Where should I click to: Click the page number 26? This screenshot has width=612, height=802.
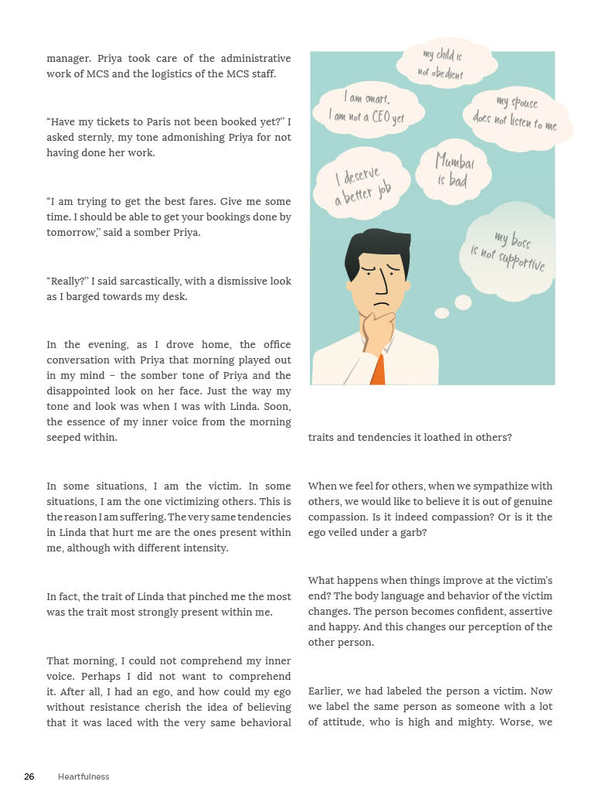click(29, 776)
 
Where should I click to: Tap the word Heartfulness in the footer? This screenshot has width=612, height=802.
click(83, 776)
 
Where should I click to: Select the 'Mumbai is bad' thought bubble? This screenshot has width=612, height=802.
click(454, 169)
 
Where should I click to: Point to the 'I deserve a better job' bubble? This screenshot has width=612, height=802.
click(361, 183)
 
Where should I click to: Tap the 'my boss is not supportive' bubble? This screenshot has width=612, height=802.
click(510, 251)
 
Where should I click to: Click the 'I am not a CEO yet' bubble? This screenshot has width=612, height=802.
click(368, 108)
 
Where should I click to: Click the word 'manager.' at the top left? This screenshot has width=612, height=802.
click(68, 59)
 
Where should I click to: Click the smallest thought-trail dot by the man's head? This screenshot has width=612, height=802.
click(442, 313)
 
